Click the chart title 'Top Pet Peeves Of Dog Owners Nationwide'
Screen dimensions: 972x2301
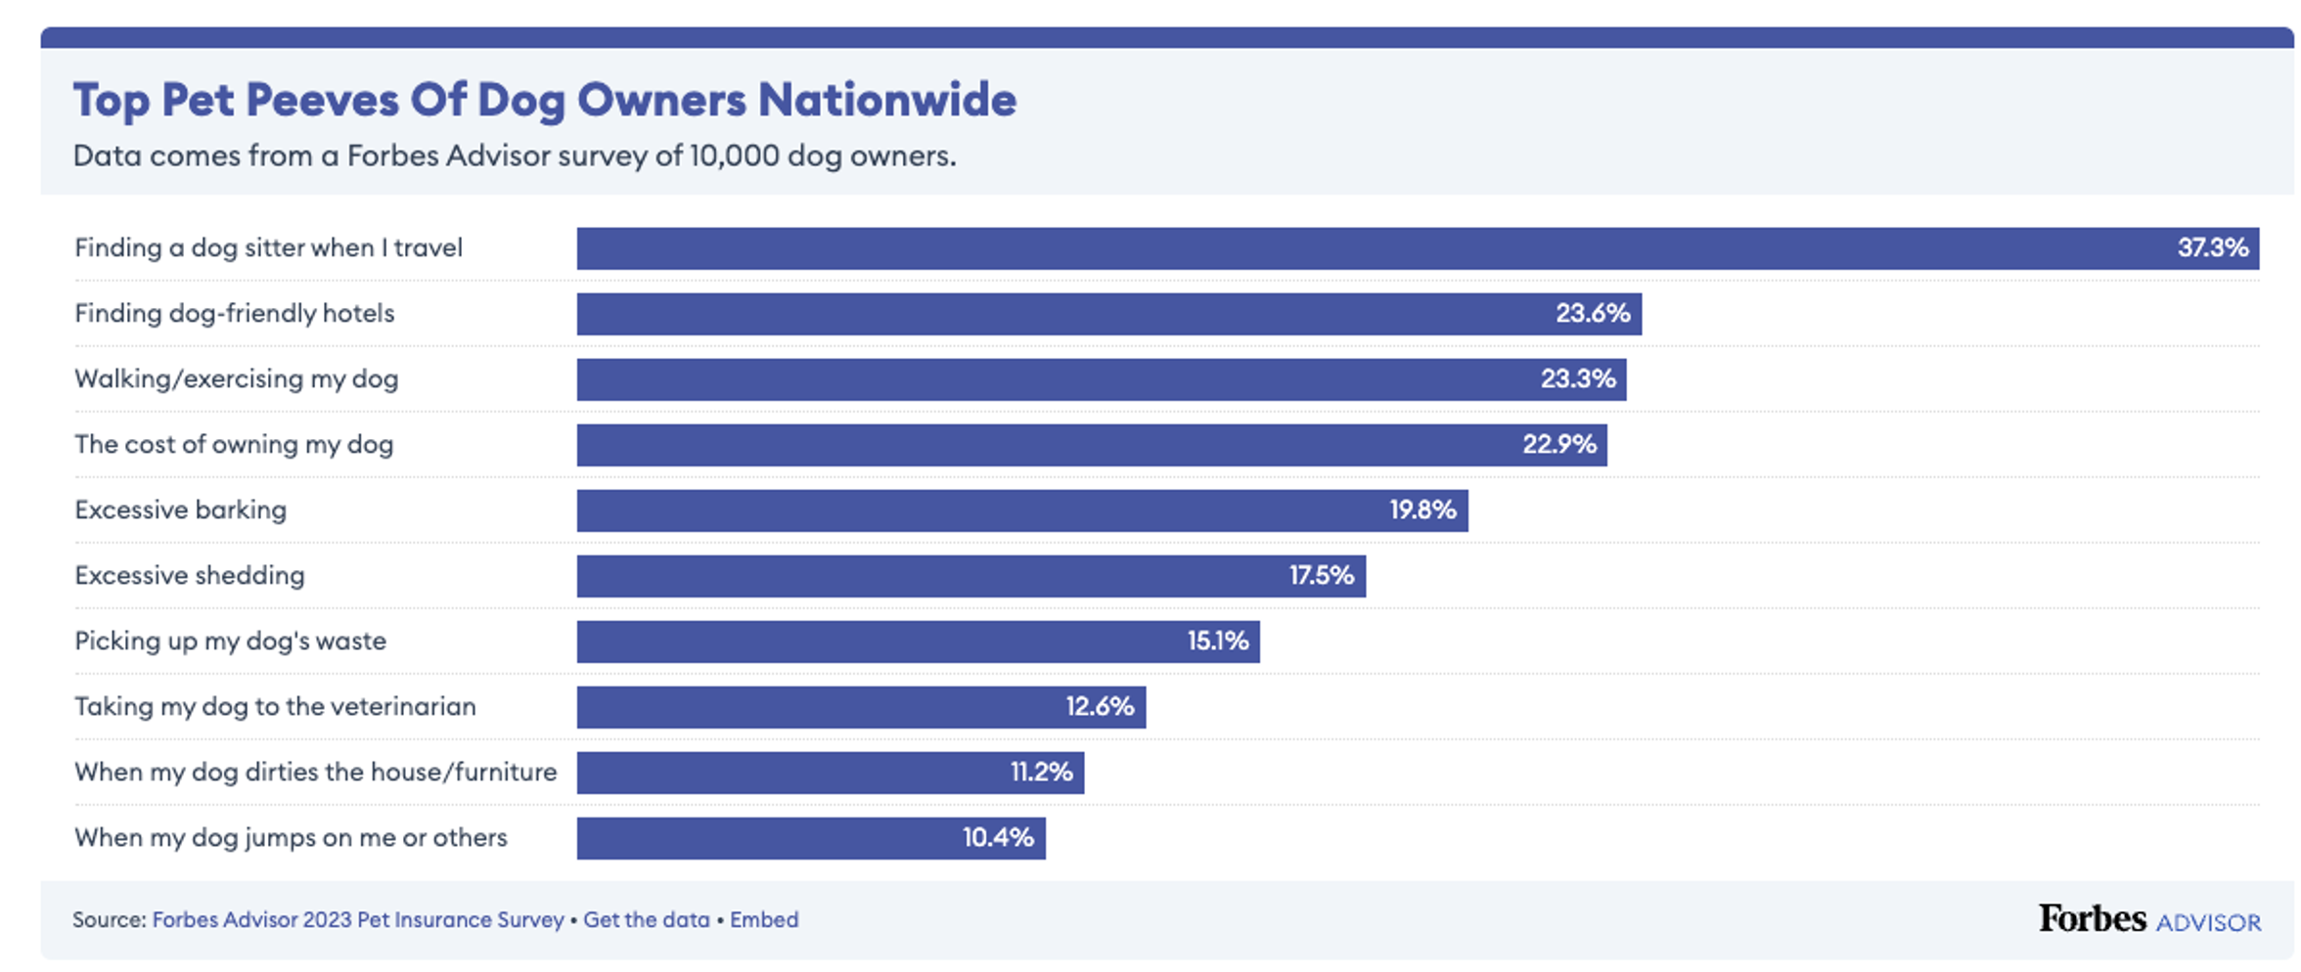544,100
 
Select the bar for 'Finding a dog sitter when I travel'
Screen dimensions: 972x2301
1370,248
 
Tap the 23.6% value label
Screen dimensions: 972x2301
1593,314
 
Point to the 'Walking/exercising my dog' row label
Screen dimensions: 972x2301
237,379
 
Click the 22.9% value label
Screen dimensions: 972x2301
1558,445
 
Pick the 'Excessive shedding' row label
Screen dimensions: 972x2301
190,576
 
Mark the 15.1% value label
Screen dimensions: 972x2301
1218,641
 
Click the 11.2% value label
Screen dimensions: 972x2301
1041,773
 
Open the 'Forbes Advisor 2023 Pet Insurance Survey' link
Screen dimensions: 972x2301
358,920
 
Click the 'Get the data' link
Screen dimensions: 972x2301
647,920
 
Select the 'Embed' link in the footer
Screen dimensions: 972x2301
764,920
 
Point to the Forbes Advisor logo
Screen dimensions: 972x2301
2149,920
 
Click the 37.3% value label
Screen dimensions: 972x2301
2212,248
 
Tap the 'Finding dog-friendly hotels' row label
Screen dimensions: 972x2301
235,314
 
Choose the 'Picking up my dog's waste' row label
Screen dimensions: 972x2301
231,641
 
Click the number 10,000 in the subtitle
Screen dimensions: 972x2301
734,156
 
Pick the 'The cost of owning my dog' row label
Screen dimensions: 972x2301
234,445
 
